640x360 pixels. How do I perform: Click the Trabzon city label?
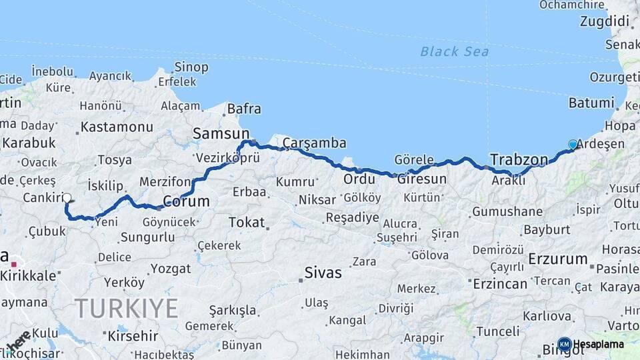(x=519, y=160)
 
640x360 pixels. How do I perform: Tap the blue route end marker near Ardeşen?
(x=573, y=145)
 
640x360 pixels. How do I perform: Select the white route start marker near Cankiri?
(x=67, y=198)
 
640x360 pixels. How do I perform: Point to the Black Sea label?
(x=454, y=51)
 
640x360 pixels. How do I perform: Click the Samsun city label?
(x=221, y=134)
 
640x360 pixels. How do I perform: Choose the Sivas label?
(x=323, y=272)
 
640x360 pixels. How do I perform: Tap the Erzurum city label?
(x=558, y=259)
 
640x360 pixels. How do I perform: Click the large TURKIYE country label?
(x=126, y=309)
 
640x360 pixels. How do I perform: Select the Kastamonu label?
(x=117, y=127)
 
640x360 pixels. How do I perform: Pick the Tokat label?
(x=247, y=222)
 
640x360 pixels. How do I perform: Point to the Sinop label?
(x=191, y=67)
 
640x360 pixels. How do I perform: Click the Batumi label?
(x=591, y=103)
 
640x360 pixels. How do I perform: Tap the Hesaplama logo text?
(x=599, y=344)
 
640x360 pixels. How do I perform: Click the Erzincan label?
(x=500, y=283)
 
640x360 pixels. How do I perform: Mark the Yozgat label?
(x=171, y=269)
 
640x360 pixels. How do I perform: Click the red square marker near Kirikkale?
(x=13, y=265)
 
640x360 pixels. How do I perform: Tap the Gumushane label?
(x=507, y=212)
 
